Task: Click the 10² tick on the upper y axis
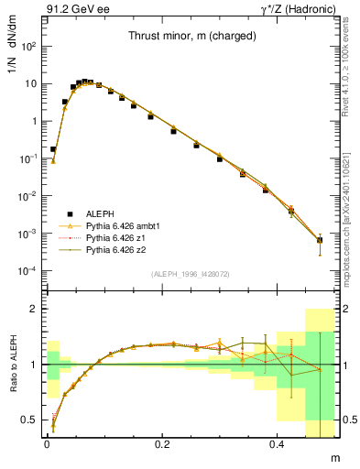coord(29,46)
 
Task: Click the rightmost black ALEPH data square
coord(320,240)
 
